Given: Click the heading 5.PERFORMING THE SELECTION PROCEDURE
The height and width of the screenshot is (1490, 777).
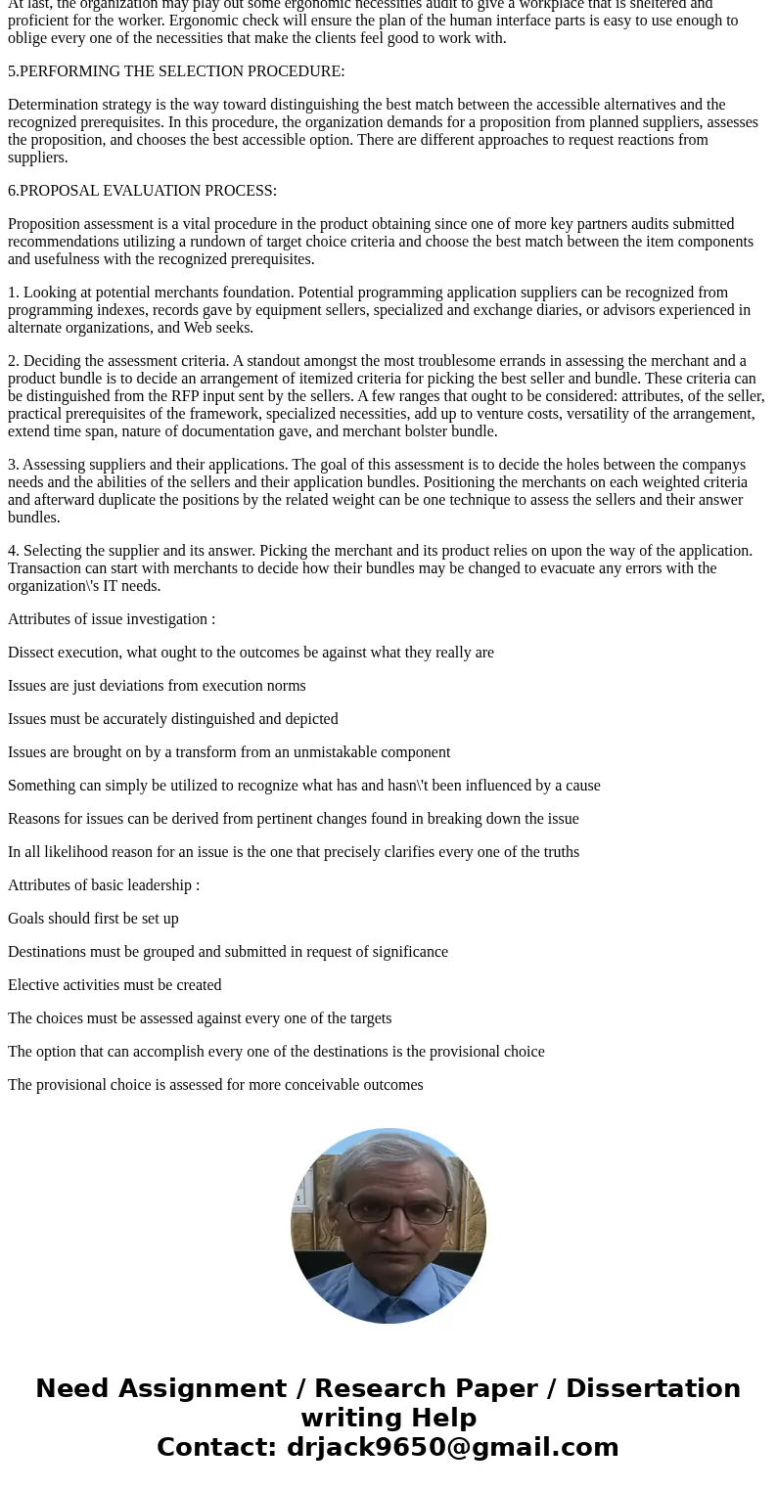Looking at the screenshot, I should click(176, 71).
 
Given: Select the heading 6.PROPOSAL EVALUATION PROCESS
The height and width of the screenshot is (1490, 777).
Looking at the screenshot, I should click(142, 191).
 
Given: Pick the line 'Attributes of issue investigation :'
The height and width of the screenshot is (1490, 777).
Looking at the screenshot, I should click(112, 619).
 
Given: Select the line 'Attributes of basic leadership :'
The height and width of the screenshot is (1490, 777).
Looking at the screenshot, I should click(104, 885).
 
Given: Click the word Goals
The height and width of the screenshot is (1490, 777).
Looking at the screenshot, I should click(28, 919).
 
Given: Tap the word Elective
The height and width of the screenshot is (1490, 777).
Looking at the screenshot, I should click(33, 985).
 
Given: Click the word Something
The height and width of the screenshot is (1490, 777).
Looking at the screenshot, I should click(42, 786).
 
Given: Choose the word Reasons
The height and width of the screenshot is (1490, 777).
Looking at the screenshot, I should click(35, 819).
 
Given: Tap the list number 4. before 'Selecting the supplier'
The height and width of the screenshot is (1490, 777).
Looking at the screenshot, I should click(14, 551).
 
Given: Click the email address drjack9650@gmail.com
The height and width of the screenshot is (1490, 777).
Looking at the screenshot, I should click(452, 1447).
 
